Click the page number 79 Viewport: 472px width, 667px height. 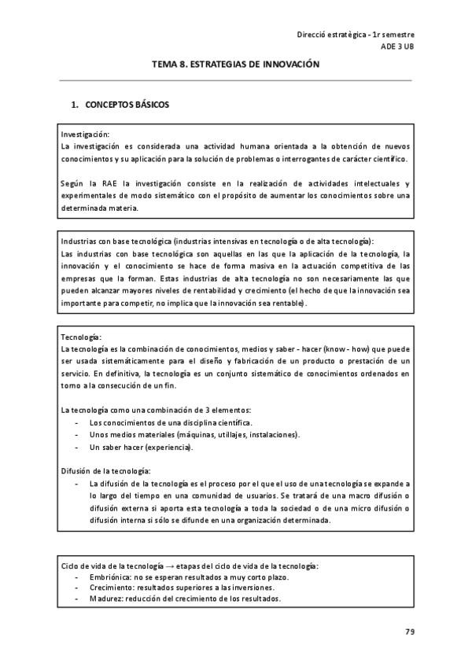409,632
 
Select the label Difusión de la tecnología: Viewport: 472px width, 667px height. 105,470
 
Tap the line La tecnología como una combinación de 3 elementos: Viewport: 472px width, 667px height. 156,410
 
